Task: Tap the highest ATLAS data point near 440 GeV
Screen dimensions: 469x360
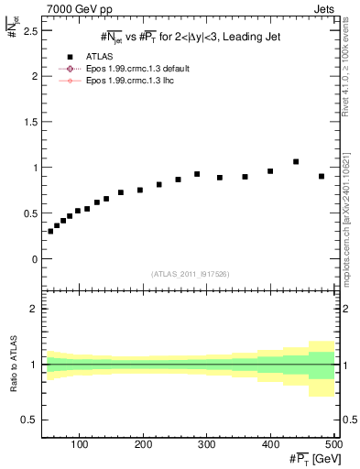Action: [x=296, y=161]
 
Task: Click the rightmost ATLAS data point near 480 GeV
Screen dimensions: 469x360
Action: [x=322, y=176]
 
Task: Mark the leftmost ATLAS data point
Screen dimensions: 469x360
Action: [x=50, y=231]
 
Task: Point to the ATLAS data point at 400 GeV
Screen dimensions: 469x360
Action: [x=270, y=171]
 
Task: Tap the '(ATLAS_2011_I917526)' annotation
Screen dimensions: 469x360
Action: [x=190, y=275]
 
